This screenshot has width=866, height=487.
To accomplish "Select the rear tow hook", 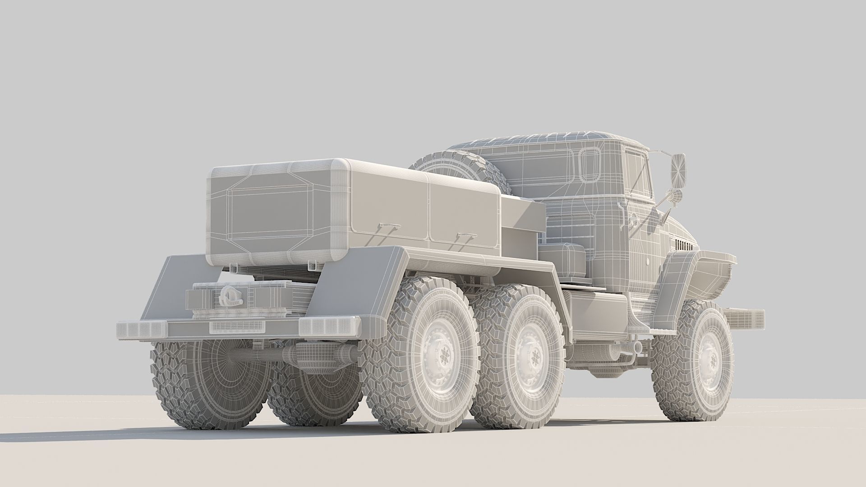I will click(231, 296).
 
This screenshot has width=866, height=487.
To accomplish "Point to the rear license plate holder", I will click(235, 327).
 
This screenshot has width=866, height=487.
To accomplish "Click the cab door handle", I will click(623, 212).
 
